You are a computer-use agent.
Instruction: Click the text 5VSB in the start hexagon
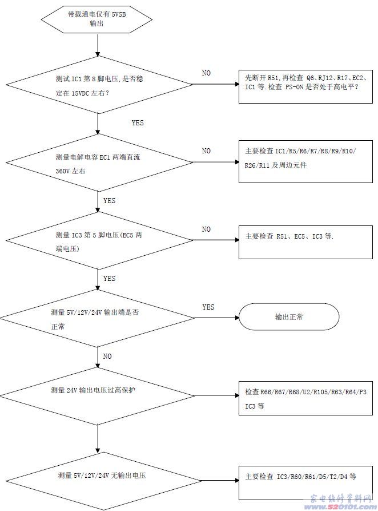[118, 14]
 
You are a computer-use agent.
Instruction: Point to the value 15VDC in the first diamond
[80, 93]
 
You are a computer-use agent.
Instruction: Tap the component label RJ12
[325, 78]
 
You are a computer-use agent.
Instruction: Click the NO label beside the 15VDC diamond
[206, 73]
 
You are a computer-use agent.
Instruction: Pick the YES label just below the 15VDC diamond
[138, 123]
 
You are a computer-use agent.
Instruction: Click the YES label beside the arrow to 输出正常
[208, 307]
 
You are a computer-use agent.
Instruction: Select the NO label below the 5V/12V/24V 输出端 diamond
[107, 356]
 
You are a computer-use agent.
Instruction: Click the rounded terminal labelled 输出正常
[289, 317]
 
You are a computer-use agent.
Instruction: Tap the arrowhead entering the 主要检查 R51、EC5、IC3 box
[237, 240]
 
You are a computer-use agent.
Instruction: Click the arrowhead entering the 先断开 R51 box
[237, 84]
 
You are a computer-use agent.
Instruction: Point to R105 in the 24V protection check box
[320, 392]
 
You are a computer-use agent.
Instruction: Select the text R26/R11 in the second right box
[257, 165]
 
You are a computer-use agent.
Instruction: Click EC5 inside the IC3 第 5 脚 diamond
[127, 235]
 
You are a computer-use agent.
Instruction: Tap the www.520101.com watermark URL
[337, 506]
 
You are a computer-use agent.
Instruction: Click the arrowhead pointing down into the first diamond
[98, 54]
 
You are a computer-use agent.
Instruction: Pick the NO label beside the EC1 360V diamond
[206, 151]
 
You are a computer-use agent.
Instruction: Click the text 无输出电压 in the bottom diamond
[128, 476]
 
